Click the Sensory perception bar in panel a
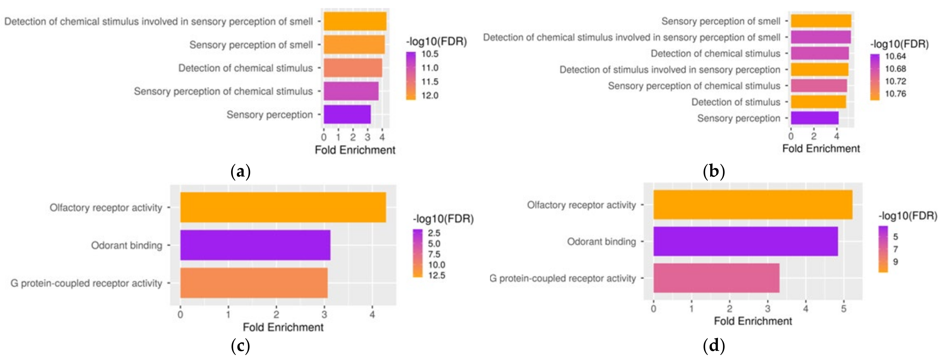[x=347, y=114]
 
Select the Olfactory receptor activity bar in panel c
[x=283, y=207]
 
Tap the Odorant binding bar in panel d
[x=745, y=241]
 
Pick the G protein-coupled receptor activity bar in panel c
[x=254, y=283]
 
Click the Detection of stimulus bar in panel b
[x=818, y=102]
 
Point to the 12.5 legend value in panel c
[x=437, y=275]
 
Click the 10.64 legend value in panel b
[x=895, y=56]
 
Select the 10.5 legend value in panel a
[x=430, y=54]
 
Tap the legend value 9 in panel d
[x=895, y=262]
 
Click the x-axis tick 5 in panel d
[x=843, y=309]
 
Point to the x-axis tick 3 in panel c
[x=324, y=314]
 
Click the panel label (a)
[x=241, y=171]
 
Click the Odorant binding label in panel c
[x=126, y=245]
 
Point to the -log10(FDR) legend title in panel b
[x=899, y=44]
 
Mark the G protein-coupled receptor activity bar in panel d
[x=716, y=278]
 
